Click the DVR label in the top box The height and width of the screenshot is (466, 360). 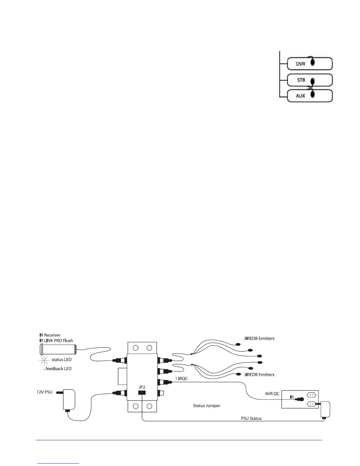coord(300,64)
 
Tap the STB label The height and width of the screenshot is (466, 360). coord(301,80)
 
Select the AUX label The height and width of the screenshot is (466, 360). coord(300,96)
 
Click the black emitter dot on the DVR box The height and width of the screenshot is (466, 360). coord(313,62)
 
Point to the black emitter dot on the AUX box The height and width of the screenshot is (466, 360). coord(313,94)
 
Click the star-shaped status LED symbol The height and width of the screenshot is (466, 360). coord(44,360)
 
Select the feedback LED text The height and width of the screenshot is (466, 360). coord(58,369)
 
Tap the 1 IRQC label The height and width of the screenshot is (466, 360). coord(181,379)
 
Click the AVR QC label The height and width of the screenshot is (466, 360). coord(272,394)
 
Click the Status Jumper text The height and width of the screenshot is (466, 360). coord(206,406)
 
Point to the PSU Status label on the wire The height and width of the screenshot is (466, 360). coord(251,418)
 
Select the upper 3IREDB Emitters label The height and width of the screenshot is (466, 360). coord(259,339)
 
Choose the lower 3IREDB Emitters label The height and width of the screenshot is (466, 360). coord(259,375)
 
